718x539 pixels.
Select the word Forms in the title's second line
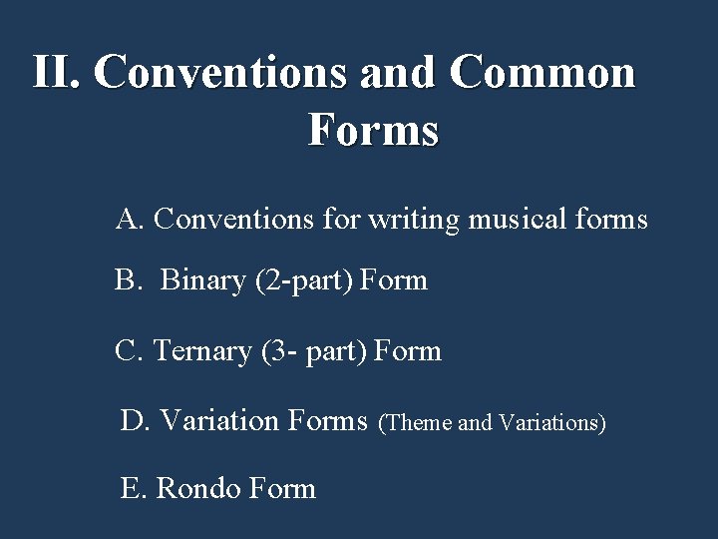373,130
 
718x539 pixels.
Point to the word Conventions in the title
221,72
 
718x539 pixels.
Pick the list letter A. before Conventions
131,218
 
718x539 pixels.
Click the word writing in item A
412,218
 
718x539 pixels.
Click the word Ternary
203,351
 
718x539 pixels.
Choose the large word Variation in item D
219,420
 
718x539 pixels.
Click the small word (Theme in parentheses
417,423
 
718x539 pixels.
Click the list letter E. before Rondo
134,488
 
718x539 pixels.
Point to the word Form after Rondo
283,488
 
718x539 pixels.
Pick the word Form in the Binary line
394,280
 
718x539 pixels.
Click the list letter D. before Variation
135,420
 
